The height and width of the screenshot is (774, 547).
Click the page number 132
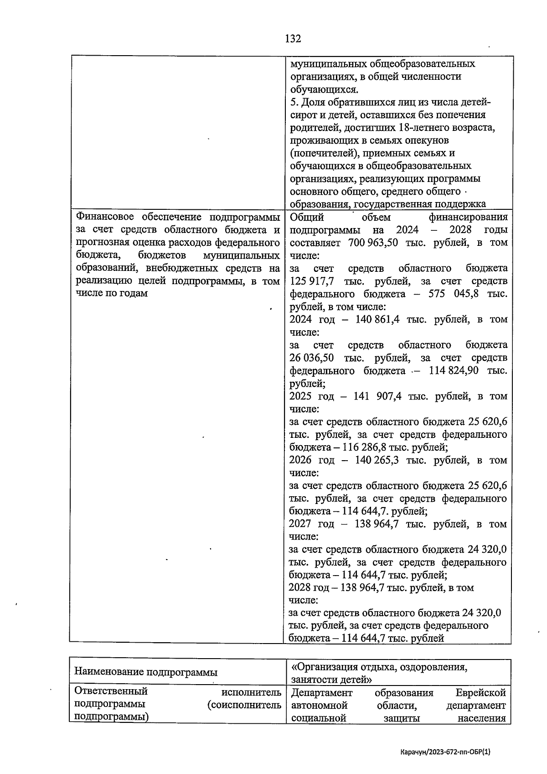pos(293,39)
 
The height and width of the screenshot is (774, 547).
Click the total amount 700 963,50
pos(373,243)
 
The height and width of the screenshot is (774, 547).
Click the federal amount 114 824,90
pos(454,370)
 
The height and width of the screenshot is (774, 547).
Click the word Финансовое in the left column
pos(104,217)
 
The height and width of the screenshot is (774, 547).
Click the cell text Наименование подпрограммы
pos(145,672)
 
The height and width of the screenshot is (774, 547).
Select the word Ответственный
pos(111,691)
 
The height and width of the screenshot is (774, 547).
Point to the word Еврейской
pos(481,693)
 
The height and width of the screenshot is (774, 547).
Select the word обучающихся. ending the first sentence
pos(324,89)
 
